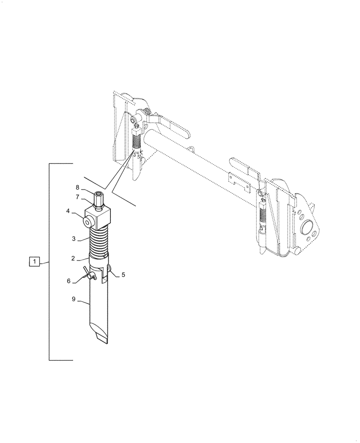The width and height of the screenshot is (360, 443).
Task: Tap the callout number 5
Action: point(123,275)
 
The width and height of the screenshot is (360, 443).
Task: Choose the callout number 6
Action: point(69,280)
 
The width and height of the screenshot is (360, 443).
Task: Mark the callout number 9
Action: point(74,299)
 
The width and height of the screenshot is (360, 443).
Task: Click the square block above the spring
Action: point(100,218)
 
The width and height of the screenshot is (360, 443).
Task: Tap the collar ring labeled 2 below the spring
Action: point(99,260)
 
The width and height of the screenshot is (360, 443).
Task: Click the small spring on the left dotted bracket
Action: point(137,142)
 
